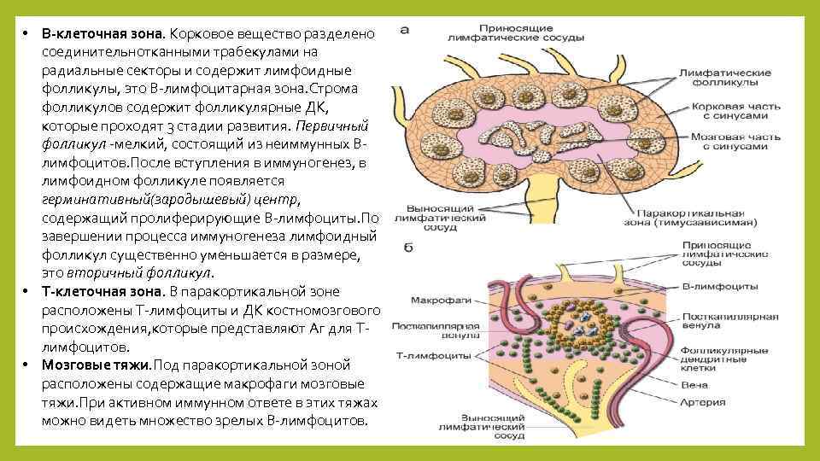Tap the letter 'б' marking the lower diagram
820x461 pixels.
click(x=407, y=248)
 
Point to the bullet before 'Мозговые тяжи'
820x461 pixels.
click(x=27, y=365)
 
